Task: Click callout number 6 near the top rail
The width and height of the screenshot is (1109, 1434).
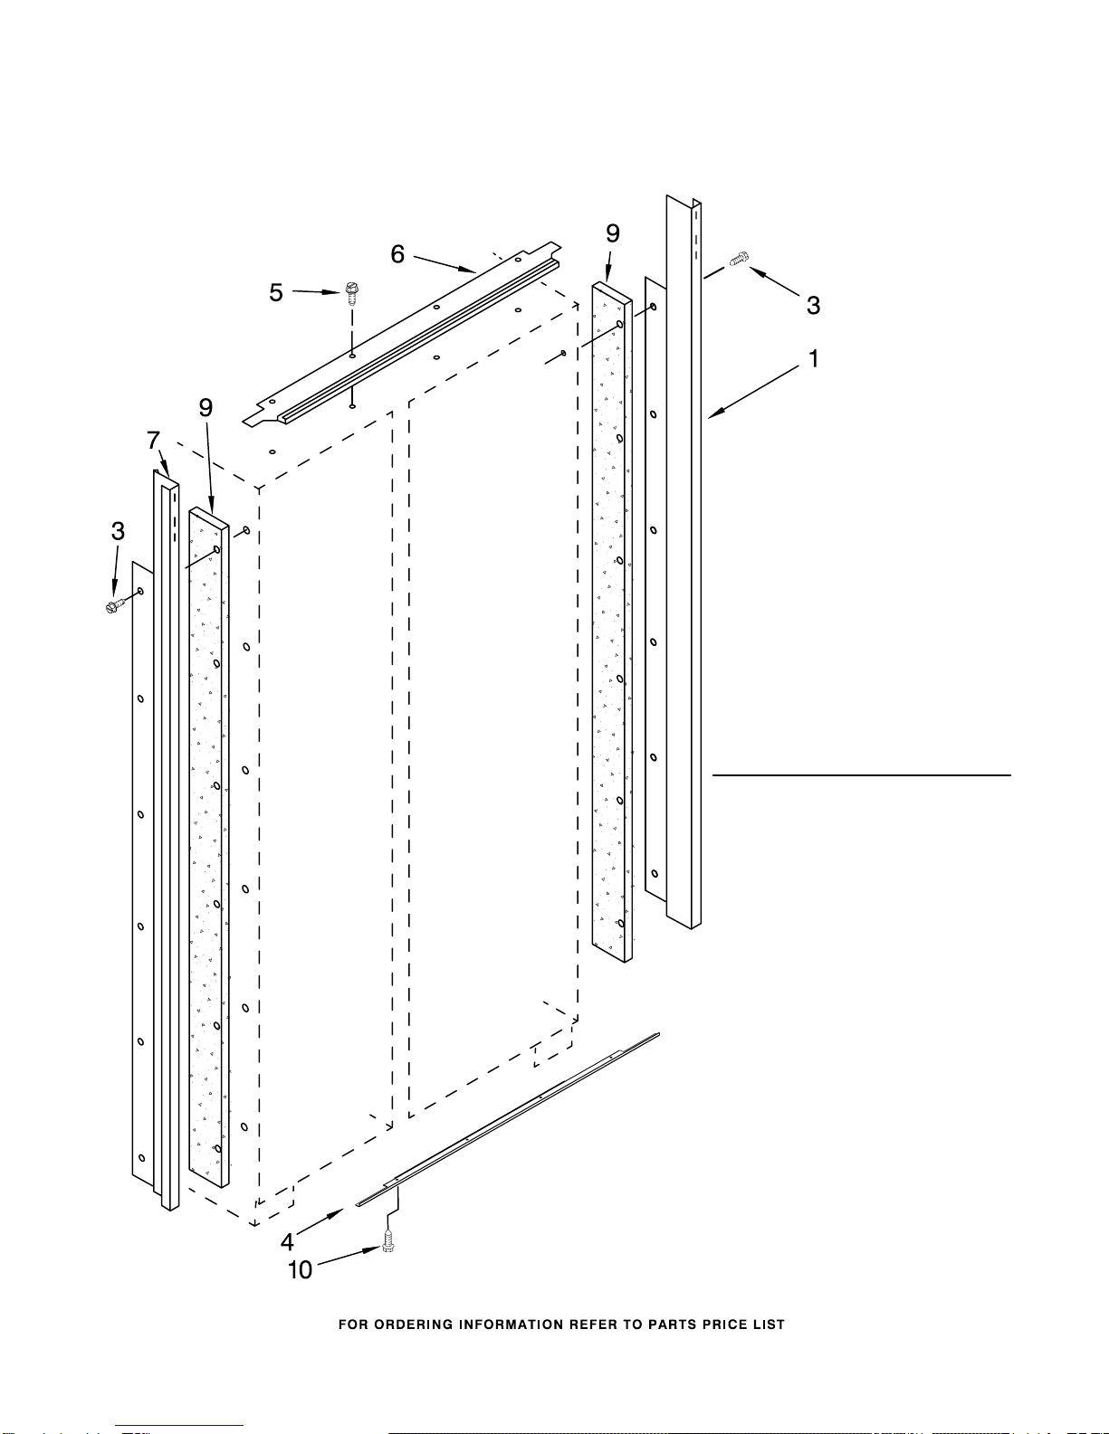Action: (x=397, y=255)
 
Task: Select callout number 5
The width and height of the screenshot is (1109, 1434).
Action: (x=276, y=293)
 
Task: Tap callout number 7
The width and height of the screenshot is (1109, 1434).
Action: (x=154, y=442)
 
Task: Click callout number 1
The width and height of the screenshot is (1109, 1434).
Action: (x=813, y=359)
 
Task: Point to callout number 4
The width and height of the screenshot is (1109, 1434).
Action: (x=287, y=1241)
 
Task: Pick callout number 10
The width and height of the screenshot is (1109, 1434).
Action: (x=300, y=1270)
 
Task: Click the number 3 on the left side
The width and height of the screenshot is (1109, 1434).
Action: (x=118, y=531)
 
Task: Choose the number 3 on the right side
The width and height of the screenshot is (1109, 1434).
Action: (x=813, y=306)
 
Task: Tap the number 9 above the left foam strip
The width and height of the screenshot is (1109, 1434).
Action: (x=206, y=408)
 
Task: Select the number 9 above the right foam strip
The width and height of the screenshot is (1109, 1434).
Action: (x=613, y=233)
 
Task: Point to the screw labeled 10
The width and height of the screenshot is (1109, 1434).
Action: (x=388, y=1244)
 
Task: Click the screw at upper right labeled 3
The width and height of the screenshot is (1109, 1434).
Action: (x=739, y=259)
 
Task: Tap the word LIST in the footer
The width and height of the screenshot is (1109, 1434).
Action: (x=768, y=1325)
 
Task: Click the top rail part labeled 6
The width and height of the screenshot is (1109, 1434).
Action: (x=407, y=335)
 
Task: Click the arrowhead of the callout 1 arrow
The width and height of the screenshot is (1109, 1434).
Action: (x=712, y=416)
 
